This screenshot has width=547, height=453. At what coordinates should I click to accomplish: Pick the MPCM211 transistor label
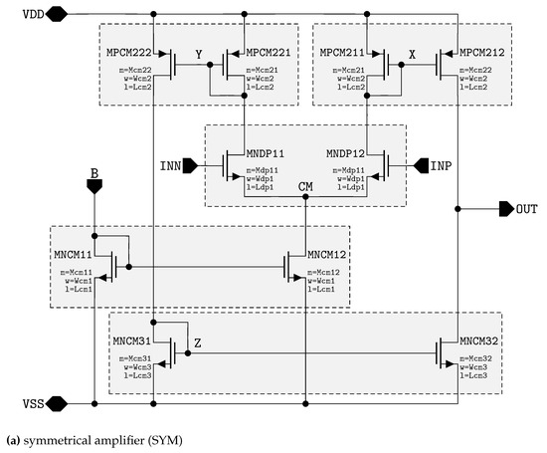click(x=342, y=51)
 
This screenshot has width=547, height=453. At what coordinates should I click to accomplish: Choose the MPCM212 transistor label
click(x=481, y=51)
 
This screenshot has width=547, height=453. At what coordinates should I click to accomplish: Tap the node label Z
click(x=197, y=342)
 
